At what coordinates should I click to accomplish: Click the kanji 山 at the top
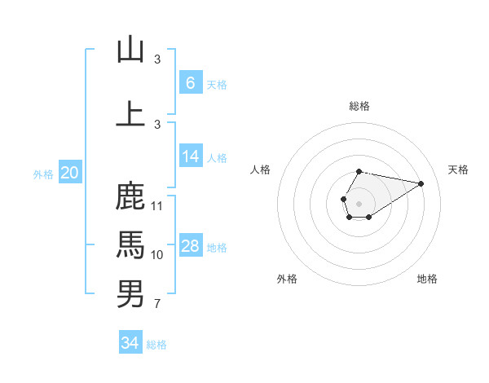point(130,50)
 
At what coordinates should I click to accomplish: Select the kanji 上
point(130,114)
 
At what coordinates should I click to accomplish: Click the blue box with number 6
point(190,83)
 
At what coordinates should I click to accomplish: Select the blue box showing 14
point(190,157)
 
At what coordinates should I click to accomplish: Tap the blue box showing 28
point(190,246)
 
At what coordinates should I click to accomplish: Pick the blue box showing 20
point(70,173)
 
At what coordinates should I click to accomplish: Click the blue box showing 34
point(130,343)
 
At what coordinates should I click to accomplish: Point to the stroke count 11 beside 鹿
point(157,205)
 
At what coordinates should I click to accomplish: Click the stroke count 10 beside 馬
point(157,255)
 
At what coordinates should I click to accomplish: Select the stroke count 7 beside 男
point(157,305)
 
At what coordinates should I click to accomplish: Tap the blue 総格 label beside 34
point(156,345)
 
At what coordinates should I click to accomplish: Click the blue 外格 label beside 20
point(43,174)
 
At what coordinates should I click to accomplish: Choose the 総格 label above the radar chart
point(359,106)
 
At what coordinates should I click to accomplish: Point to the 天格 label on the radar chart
point(458,169)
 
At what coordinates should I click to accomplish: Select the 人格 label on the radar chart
point(260,169)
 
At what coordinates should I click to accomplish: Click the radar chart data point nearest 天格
point(421,183)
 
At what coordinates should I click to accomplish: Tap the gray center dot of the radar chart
point(359,203)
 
